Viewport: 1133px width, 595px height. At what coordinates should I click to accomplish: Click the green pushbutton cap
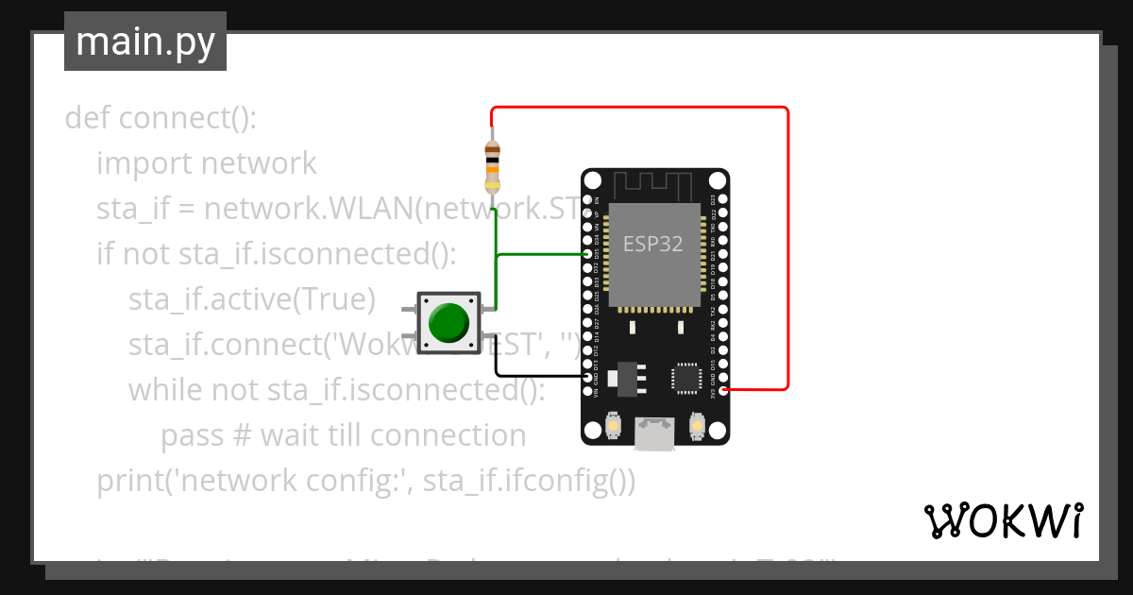click(448, 322)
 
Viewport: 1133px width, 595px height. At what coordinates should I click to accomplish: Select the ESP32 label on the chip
click(652, 244)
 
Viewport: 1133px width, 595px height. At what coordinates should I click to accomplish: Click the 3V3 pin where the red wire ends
click(723, 389)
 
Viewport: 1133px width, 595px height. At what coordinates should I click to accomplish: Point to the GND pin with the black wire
click(588, 377)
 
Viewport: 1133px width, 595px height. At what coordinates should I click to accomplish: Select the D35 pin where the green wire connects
click(588, 255)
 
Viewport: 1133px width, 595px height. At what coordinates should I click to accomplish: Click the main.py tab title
click(144, 42)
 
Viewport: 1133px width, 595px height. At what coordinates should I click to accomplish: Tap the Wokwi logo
click(1003, 520)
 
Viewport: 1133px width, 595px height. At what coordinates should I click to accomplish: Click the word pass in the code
click(192, 435)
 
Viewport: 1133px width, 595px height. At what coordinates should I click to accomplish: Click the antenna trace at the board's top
click(654, 183)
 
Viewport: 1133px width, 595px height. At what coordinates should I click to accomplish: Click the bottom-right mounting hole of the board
click(717, 432)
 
